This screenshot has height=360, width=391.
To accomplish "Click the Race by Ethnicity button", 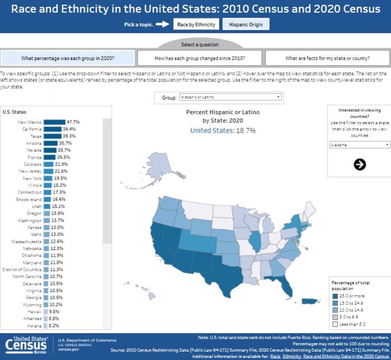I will [196, 25].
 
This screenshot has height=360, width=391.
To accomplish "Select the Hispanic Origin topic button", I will [246, 25].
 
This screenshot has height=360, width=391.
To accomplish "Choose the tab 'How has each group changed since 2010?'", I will [200, 57].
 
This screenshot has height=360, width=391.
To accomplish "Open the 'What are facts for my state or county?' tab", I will [327, 57].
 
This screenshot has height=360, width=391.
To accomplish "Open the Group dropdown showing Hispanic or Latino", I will [230, 97].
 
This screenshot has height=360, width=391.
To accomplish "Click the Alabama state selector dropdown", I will [360, 145].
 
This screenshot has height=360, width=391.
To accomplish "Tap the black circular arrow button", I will [360, 164].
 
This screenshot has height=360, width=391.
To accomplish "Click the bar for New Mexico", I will [54, 122].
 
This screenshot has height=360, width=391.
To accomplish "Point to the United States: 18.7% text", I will [223, 130].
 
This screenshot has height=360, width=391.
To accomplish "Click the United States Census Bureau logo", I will [26, 345].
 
